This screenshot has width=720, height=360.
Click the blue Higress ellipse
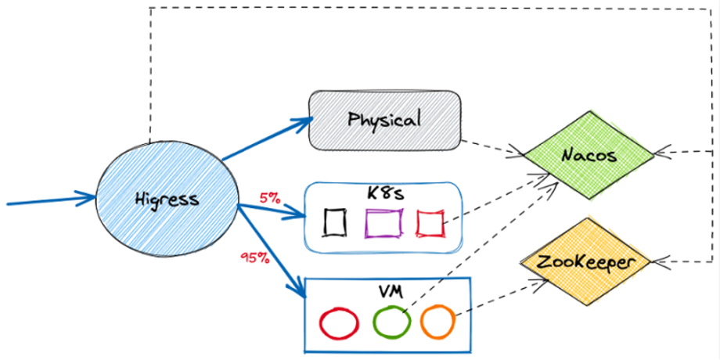click(x=166, y=199)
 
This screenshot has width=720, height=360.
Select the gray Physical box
click(x=384, y=120)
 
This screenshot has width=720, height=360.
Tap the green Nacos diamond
click(x=589, y=155)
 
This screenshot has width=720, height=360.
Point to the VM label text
click(x=389, y=291)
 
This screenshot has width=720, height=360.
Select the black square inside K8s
click(x=335, y=222)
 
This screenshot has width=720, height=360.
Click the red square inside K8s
click(x=430, y=223)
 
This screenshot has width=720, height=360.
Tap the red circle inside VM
click(x=339, y=322)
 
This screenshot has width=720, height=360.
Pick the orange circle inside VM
click(x=437, y=320)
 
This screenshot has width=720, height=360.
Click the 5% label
click(x=270, y=198)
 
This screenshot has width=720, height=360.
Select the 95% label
click(x=255, y=257)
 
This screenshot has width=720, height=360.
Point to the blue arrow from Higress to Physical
click(x=266, y=139)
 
